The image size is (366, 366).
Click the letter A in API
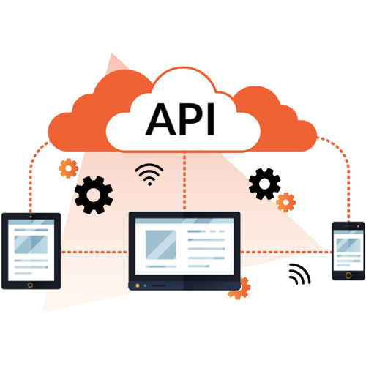point(161,119)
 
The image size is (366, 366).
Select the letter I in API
point(211,119)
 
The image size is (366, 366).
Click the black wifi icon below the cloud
point(149,174)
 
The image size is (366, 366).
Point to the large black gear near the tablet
point(94,195)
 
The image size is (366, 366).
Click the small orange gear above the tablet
point(69,168)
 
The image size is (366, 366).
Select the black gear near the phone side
point(265,184)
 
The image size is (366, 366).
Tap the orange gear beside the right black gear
point(286,202)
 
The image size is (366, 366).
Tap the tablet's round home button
point(30,285)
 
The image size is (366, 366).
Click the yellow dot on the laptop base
point(138,285)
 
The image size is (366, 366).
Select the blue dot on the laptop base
point(145,285)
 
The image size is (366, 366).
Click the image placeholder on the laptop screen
point(161,244)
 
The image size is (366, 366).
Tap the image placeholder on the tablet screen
point(31,244)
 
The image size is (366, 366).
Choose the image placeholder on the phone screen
point(348,245)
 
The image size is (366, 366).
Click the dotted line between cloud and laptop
point(184,182)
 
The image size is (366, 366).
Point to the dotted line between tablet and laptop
point(94,252)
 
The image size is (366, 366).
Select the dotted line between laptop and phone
point(286,252)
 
